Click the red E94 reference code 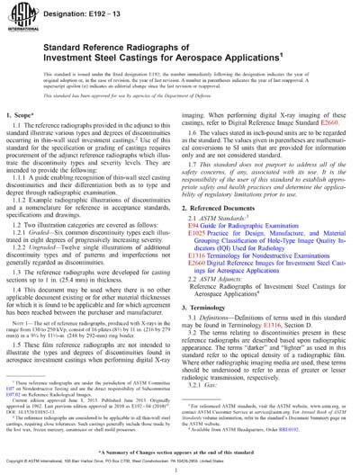(x=199, y=242)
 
